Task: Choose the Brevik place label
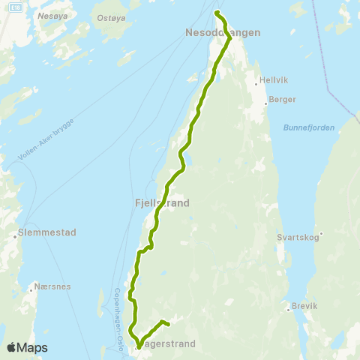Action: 304,306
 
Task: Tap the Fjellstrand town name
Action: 161,202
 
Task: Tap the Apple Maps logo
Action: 26,348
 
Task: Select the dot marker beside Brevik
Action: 287,306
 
